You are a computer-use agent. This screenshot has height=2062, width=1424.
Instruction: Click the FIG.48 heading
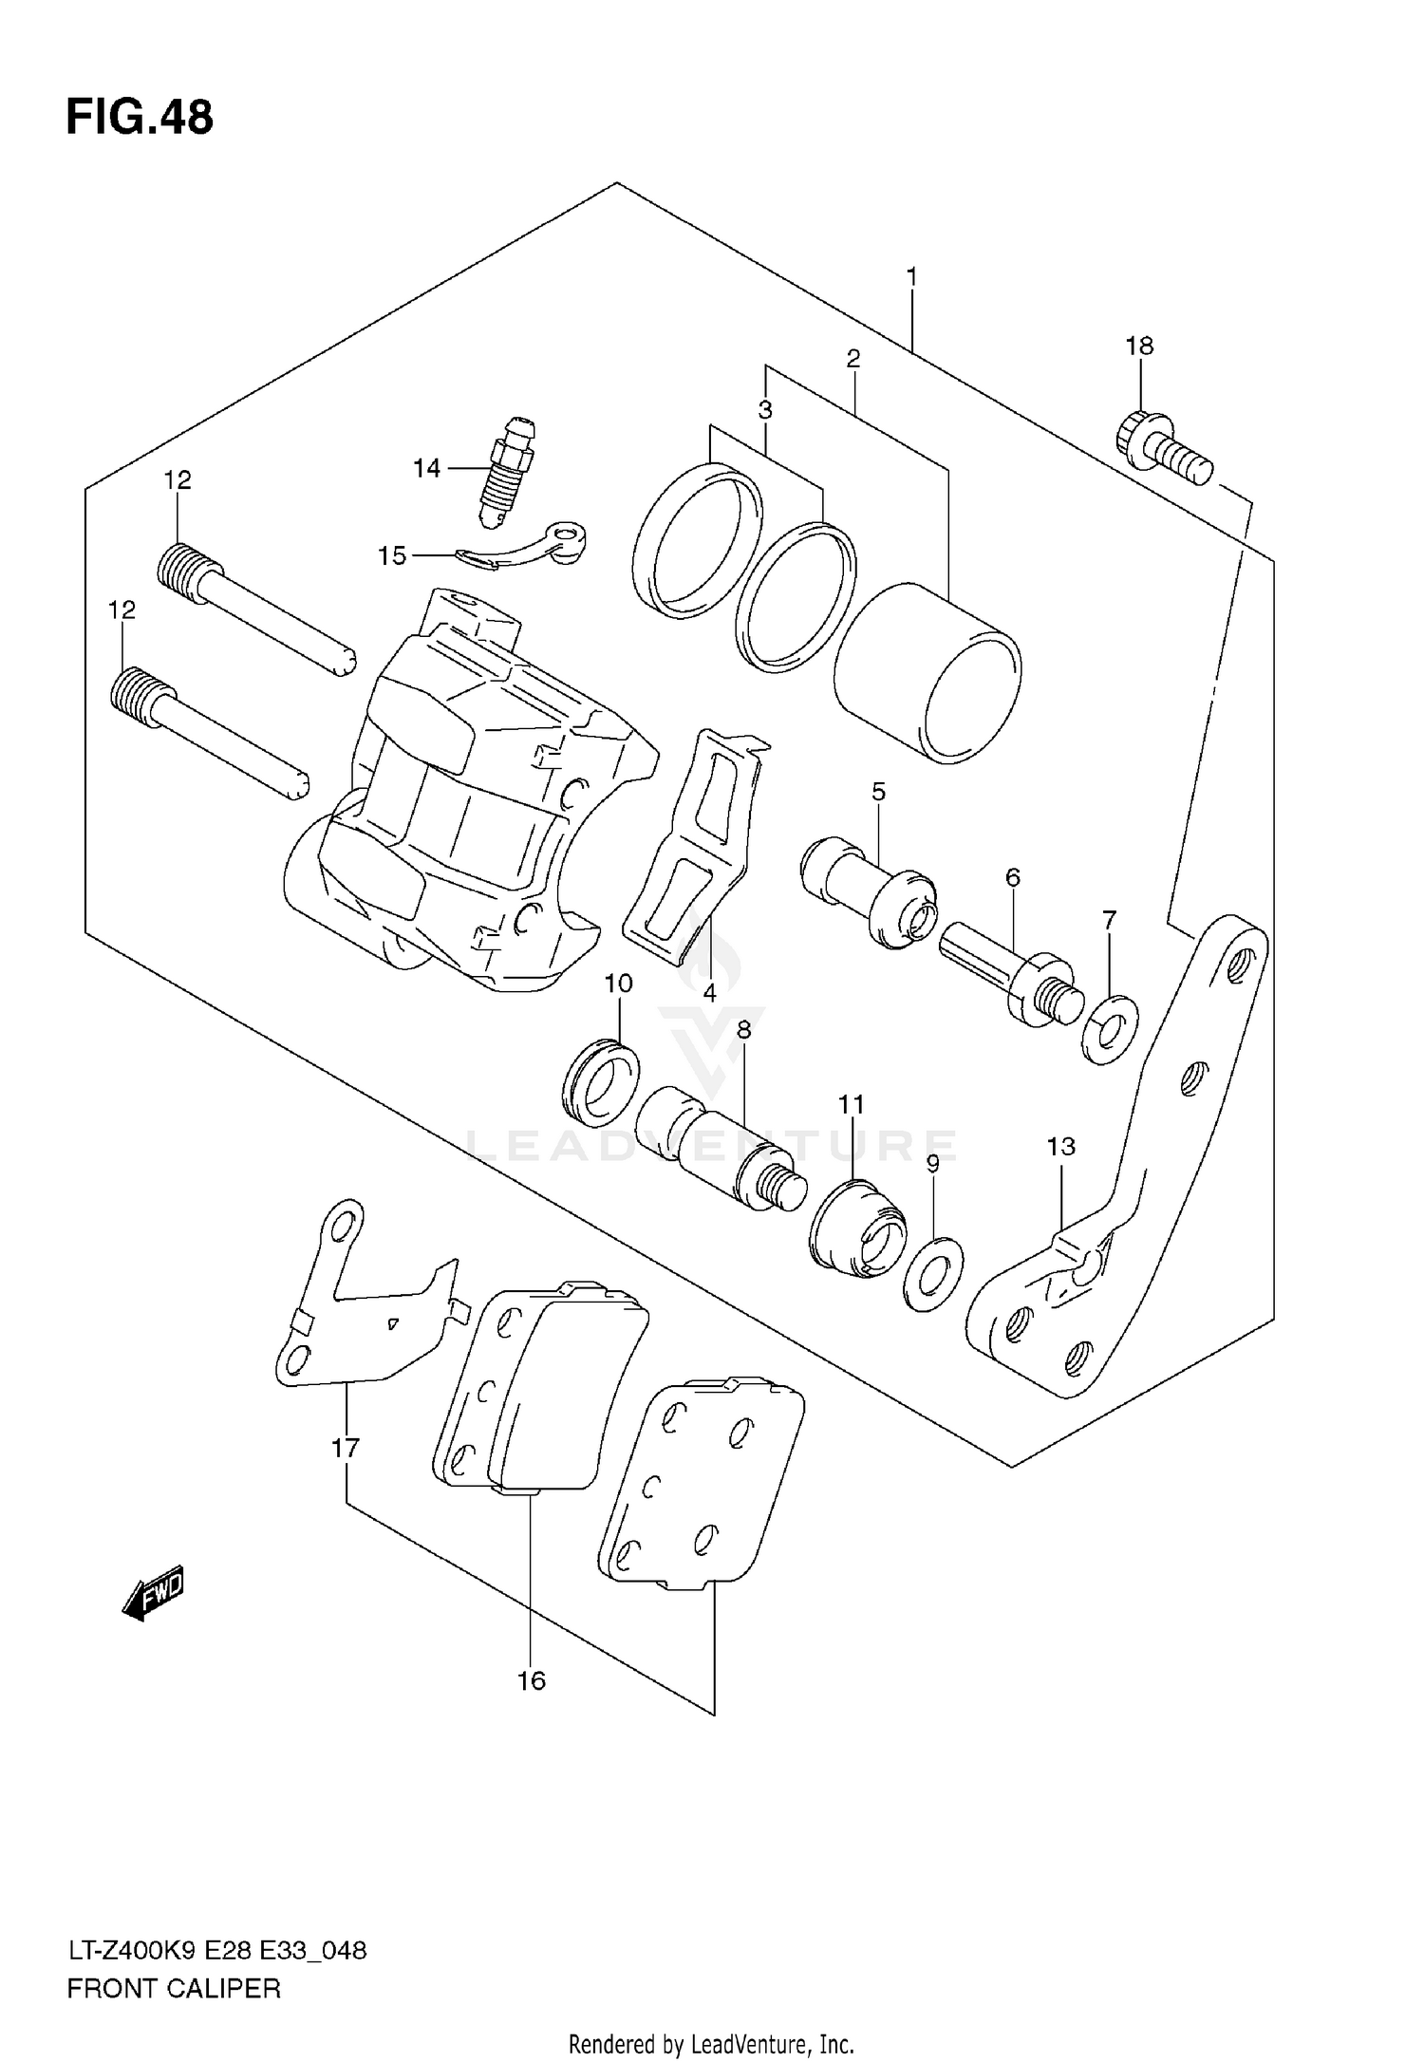[x=140, y=119]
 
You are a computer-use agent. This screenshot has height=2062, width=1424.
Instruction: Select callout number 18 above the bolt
[x=1139, y=346]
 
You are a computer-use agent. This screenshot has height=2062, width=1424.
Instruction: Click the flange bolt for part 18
[x=1163, y=451]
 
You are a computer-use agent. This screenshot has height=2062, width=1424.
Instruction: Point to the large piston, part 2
[x=927, y=674]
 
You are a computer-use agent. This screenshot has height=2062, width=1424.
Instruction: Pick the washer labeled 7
[x=1109, y=1030]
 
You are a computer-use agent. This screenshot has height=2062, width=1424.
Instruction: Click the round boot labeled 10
[x=600, y=1082]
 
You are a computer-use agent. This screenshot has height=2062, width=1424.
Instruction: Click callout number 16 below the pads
[x=532, y=1681]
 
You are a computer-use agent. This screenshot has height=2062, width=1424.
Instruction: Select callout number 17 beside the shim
[x=346, y=1449]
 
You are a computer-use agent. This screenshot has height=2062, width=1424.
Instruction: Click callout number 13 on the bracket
[x=1060, y=1147]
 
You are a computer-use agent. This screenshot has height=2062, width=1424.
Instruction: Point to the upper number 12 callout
[x=178, y=480]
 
